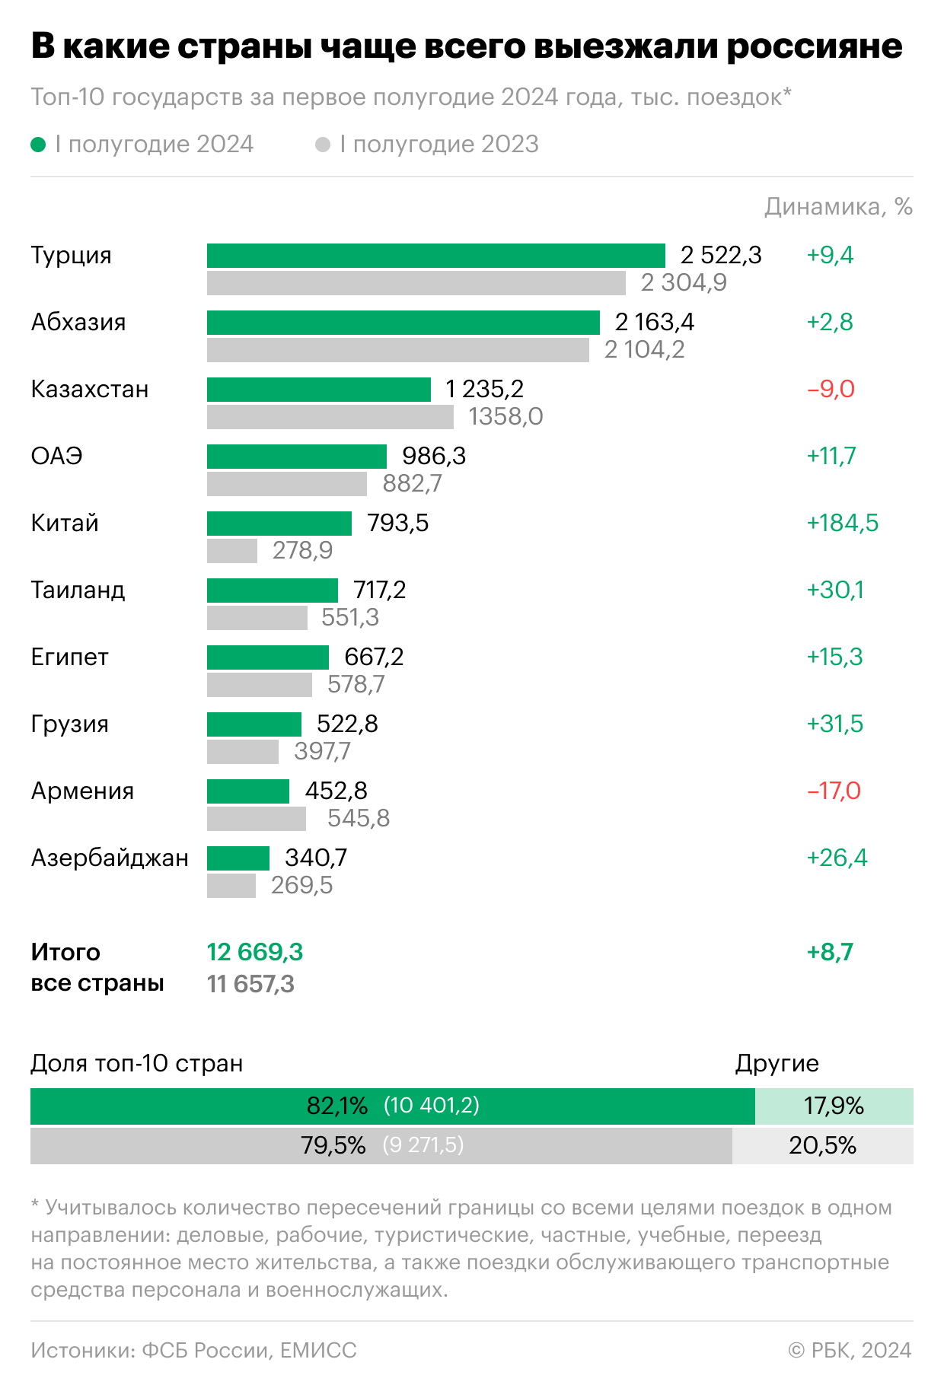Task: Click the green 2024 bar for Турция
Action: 435,256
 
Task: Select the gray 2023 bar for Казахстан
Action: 330,417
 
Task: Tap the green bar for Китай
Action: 279,524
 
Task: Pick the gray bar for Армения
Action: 256,819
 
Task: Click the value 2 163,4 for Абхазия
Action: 655,323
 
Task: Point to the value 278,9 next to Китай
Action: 302,550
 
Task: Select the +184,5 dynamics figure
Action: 842,524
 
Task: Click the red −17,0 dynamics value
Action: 834,791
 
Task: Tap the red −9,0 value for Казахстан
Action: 831,390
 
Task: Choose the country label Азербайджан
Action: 110,858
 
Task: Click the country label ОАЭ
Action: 56,457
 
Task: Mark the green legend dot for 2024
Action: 38,145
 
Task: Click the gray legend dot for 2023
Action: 323,145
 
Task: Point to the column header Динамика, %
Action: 838,207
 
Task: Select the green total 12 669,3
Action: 255,952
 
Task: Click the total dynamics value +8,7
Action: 830,952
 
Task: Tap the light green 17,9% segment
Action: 834,1106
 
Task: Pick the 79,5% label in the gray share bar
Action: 333,1145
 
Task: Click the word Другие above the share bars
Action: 777,1063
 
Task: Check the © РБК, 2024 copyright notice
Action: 850,1350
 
